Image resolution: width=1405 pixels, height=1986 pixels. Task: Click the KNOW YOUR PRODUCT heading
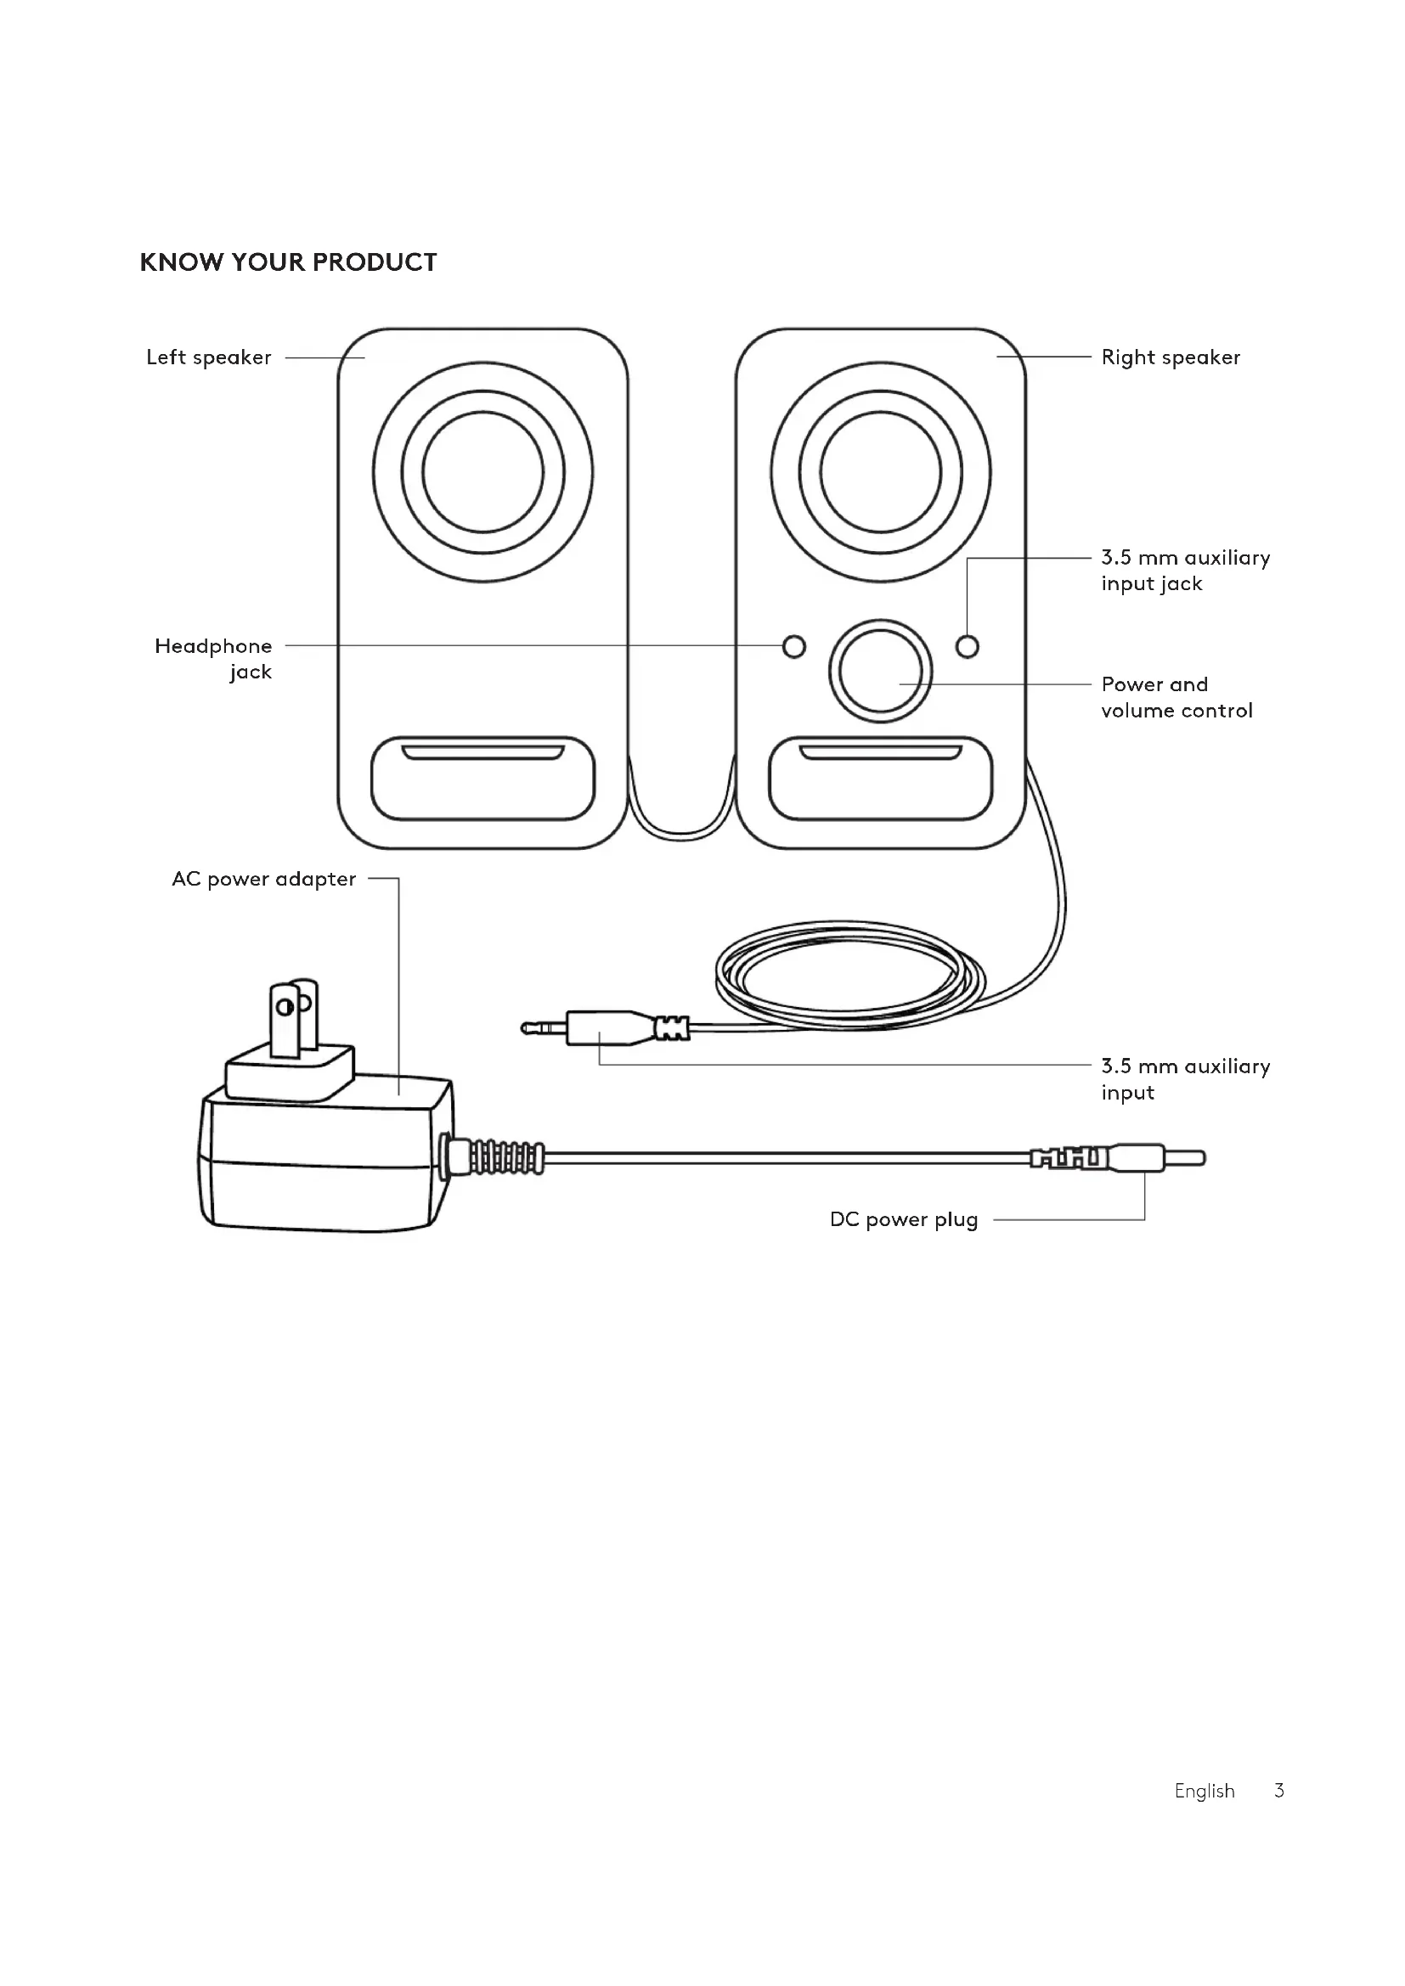[x=288, y=262]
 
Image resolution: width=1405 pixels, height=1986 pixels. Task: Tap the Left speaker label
[x=208, y=357]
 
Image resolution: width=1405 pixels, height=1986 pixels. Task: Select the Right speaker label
[x=1170, y=357]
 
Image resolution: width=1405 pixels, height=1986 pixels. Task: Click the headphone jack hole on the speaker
[x=793, y=646]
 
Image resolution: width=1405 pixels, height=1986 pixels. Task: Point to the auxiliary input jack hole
[x=968, y=646]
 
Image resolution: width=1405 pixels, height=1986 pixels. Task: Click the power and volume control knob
[x=880, y=672]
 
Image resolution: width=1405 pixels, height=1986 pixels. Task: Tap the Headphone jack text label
[x=214, y=658]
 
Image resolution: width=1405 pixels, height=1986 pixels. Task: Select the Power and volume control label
[x=1176, y=697]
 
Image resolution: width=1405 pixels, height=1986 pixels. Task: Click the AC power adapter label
[x=264, y=879]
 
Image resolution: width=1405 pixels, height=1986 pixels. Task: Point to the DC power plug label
[x=903, y=1219]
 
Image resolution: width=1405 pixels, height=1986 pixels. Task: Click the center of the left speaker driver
[x=482, y=472]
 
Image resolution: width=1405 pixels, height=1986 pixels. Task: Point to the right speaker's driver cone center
[x=881, y=472]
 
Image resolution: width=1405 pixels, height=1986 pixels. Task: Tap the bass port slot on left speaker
[x=482, y=752]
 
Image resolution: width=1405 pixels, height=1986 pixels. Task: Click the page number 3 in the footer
[x=1278, y=1791]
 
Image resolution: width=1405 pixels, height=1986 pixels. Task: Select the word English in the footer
[x=1205, y=1791]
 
